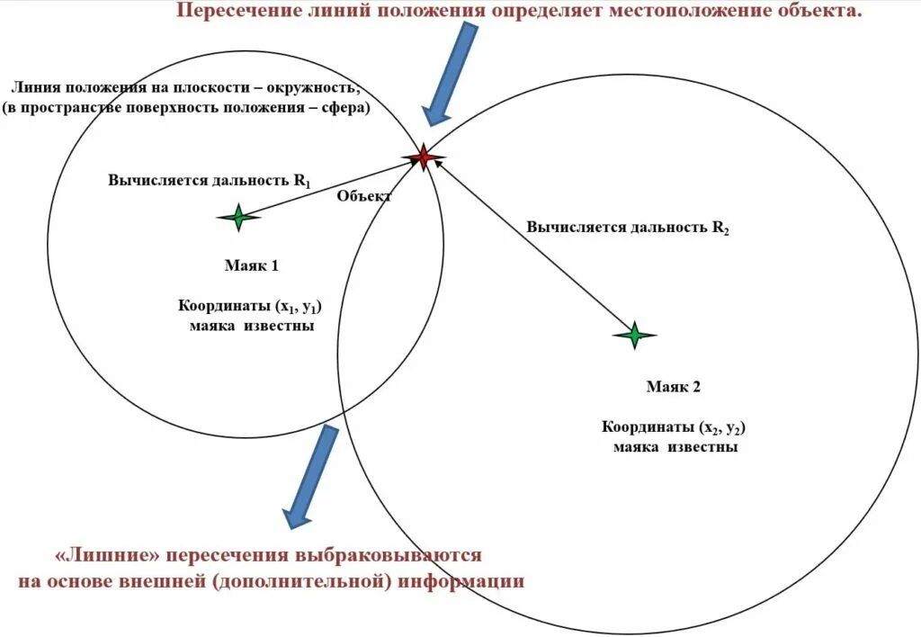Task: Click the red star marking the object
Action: [x=423, y=158]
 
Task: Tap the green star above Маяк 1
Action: [x=238, y=217]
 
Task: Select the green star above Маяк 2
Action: [x=634, y=335]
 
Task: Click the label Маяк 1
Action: [x=251, y=265]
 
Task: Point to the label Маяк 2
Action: [x=673, y=387]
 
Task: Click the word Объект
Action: [x=364, y=196]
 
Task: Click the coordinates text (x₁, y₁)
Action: [x=289, y=306]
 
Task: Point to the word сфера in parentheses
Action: [x=342, y=107]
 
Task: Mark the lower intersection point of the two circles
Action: [x=345, y=413]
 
